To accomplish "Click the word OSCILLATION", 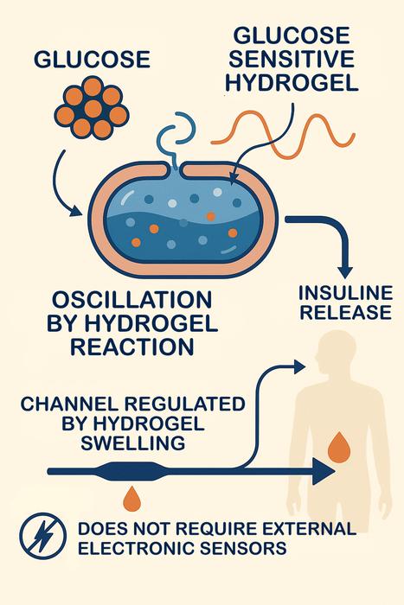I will click(x=132, y=302).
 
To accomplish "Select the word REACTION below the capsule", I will click(x=132, y=347).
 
